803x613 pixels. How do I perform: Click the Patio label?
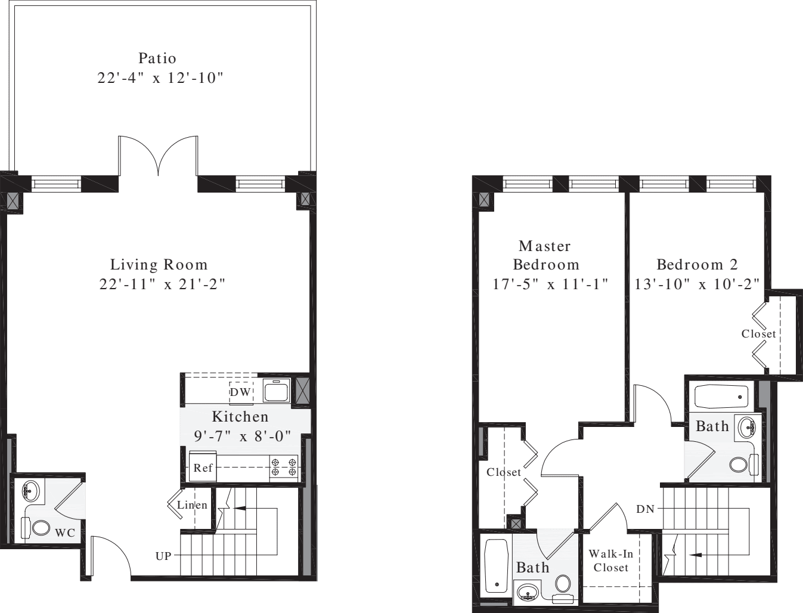tap(157, 58)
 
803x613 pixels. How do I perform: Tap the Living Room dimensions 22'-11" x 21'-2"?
tap(162, 284)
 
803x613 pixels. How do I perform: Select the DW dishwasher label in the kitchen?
tap(241, 392)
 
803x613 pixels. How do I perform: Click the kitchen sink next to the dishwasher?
tap(277, 391)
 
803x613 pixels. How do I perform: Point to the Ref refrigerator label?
tap(203, 468)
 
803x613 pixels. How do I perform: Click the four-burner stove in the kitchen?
tap(284, 466)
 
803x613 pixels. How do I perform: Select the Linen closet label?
tap(192, 505)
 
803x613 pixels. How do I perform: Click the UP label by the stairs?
tap(163, 556)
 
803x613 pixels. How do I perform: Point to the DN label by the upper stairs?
tap(645, 509)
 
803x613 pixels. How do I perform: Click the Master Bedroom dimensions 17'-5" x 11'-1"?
tap(550, 284)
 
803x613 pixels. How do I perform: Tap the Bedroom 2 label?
tap(697, 264)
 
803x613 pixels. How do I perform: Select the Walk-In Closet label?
tap(610, 561)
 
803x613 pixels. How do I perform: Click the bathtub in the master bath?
tap(496, 565)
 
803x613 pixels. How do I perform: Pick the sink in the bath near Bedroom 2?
tap(748, 427)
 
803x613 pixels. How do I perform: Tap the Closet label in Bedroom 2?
tap(758, 334)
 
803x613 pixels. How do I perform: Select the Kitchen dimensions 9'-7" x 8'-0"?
tap(242, 436)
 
